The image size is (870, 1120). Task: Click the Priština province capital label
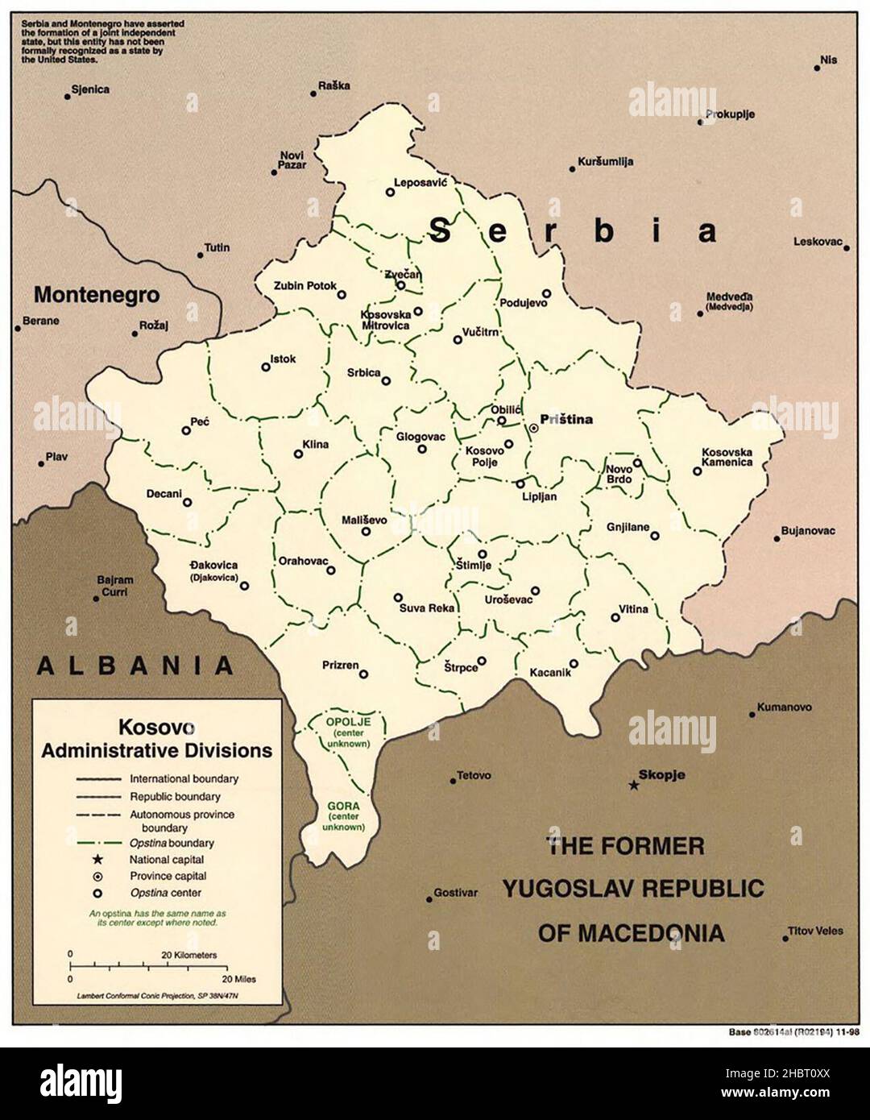coord(566,419)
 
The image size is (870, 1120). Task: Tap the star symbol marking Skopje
coord(634,785)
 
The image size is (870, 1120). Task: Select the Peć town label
coord(200,420)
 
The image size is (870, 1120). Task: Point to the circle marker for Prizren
coord(363,674)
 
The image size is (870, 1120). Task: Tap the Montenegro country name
coord(97,294)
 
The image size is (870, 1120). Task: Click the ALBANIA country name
coord(135,665)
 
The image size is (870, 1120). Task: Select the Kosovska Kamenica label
coord(727,457)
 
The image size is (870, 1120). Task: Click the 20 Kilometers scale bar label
coord(189,954)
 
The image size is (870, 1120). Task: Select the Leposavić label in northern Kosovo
coord(420,183)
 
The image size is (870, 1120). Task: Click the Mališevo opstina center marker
coord(367,531)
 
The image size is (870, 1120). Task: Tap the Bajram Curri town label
coord(114,585)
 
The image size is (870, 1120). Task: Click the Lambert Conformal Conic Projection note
coord(156,996)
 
